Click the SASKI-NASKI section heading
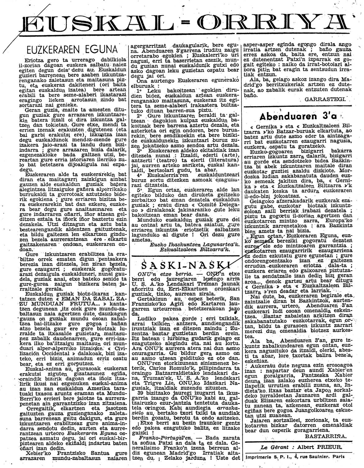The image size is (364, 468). [182, 265]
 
